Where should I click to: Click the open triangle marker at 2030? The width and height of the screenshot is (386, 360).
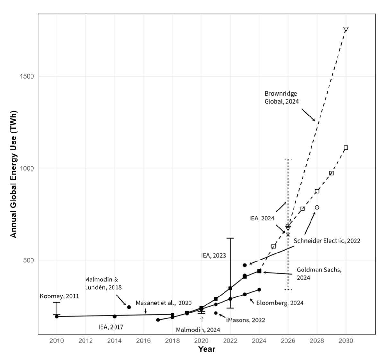coord(346,29)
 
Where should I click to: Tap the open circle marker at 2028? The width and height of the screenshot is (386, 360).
coord(317,207)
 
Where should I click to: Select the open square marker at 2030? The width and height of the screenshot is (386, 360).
coord(346,148)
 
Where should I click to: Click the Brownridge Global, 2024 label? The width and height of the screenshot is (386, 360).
coord(281,98)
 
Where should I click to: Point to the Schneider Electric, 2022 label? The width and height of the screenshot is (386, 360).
coord(327,241)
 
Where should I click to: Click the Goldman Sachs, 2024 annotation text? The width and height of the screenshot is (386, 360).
coord(319,273)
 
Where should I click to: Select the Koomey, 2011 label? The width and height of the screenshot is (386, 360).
coord(59,296)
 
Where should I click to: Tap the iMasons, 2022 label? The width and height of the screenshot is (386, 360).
coord(246,320)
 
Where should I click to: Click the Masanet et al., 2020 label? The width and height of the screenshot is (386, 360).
coord(163,303)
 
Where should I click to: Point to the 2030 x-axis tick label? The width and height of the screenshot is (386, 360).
coord(346,341)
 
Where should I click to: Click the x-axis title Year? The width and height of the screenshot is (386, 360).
coord(206,349)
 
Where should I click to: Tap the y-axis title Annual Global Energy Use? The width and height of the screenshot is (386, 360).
coord(13,175)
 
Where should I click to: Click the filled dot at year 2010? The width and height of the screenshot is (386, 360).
coord(57,316)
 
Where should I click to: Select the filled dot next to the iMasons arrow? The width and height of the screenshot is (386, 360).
coord(216,313)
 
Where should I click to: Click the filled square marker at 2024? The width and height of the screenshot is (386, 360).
coord(259,271)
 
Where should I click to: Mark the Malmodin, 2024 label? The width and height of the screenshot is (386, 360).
coord(198,330)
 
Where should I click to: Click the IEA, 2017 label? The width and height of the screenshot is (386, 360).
coord(111,327)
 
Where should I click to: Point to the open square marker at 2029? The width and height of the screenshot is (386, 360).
coord(331,173)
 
